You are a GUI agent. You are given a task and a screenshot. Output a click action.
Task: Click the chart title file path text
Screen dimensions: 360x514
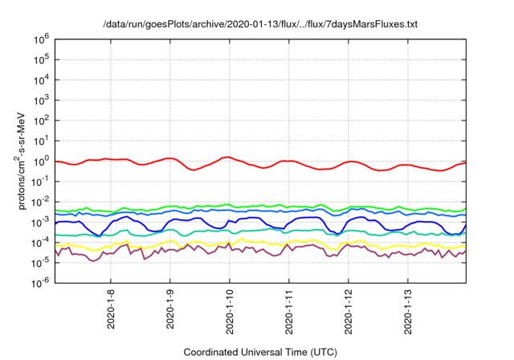[260, 24]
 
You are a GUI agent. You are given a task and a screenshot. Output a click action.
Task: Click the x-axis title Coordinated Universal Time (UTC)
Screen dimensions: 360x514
[260, 352]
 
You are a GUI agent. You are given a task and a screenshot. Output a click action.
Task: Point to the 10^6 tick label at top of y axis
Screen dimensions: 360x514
[42, 39]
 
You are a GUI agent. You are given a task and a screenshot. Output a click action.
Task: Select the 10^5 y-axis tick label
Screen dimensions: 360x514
[42, 59]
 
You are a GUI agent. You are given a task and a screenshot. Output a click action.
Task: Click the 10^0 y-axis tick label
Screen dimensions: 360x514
[42, 161]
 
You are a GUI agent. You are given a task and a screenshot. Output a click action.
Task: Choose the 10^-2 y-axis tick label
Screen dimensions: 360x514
[41, 201]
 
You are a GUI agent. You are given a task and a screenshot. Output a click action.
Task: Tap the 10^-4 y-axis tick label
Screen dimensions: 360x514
[41, 242]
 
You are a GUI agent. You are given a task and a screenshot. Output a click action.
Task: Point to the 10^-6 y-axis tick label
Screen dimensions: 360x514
[41, 282]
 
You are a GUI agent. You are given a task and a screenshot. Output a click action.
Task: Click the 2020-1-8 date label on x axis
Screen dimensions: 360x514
[111, 308]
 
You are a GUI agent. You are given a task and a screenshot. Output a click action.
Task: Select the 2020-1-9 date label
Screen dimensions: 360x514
[170, 308]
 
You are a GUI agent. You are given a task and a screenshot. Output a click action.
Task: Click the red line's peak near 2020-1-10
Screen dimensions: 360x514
[229, 157]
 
